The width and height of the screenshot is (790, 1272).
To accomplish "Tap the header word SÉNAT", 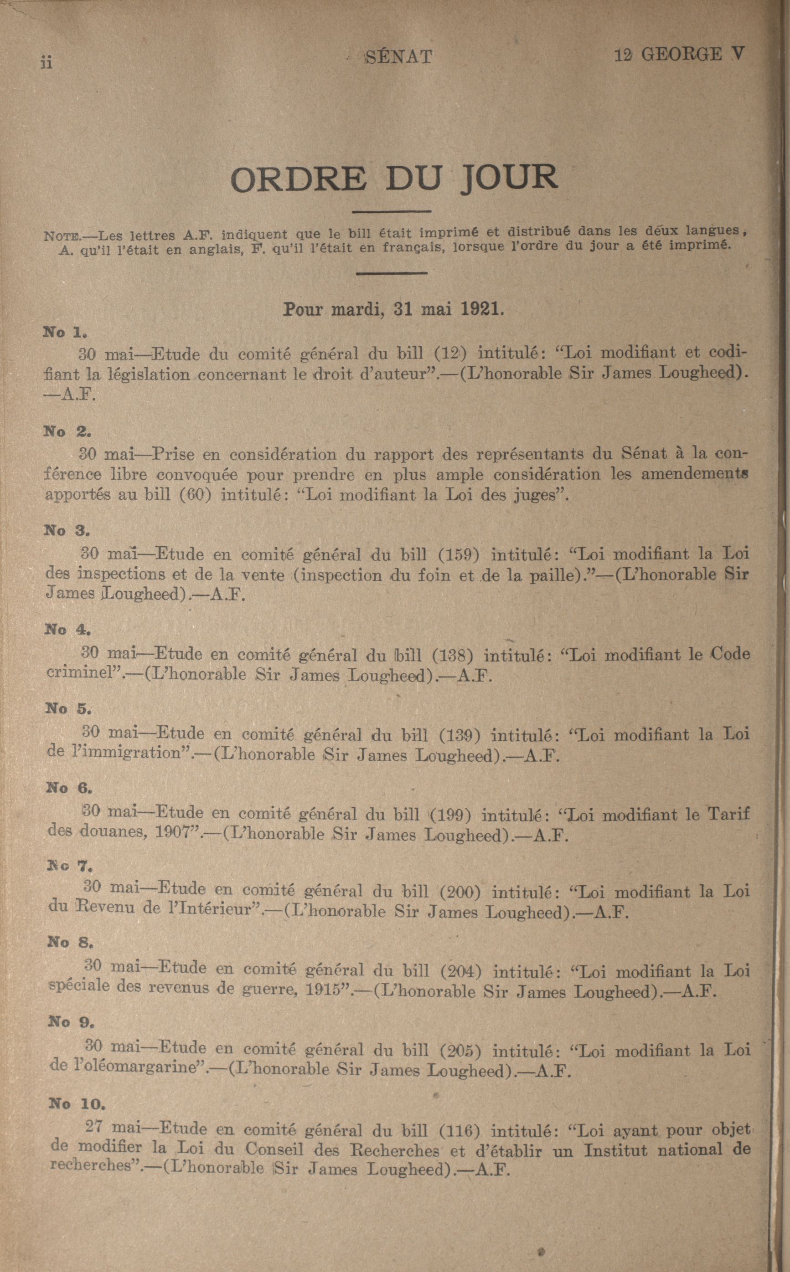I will (399, 56).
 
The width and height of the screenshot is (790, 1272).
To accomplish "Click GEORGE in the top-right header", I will (682, 54).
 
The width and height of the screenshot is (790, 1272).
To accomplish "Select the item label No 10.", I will (77, 1103).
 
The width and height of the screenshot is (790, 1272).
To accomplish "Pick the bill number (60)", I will (194, 494).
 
